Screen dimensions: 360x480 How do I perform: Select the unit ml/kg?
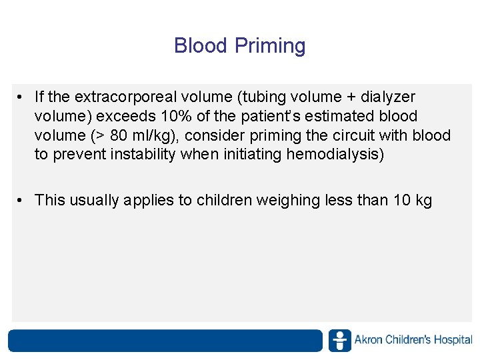pyautogui.click(x=151, y=136)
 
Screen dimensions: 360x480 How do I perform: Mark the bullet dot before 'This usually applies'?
pyautogui.click(x=22, y=200)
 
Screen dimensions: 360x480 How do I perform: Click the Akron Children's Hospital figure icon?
pyautogui.click(x=340, y=340)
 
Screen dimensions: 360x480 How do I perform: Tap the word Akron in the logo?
pyautogui.click(x=369, y=340)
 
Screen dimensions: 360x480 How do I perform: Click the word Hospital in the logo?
pyautogui.click(x=453, y=340)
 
